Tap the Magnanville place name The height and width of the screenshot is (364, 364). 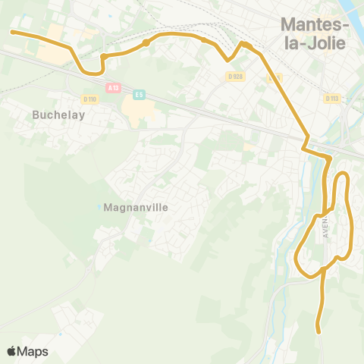pyautogui.click(x=135, y=206)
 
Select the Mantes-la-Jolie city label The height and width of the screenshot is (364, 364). pyautogui.click(x=314, y=33)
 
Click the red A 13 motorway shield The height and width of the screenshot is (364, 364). pyautogui.click(x=114, y=88)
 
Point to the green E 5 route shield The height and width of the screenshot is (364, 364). pyautogui.click(x=139, y=94)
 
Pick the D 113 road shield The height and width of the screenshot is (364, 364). pyautogui.click(x=331, y=98)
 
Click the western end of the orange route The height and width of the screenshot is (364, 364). pyautogui.click(x=12, y=32)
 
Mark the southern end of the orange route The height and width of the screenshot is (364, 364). pyautogui.click(x=319, y=331)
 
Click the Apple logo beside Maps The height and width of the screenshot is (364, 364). pyautogui.click(x=12, y=351)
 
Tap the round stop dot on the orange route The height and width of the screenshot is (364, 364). pyautogui.click(x=146, y=43)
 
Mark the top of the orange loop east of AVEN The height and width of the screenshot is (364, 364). pyautogui.click(x=342, y=175)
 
